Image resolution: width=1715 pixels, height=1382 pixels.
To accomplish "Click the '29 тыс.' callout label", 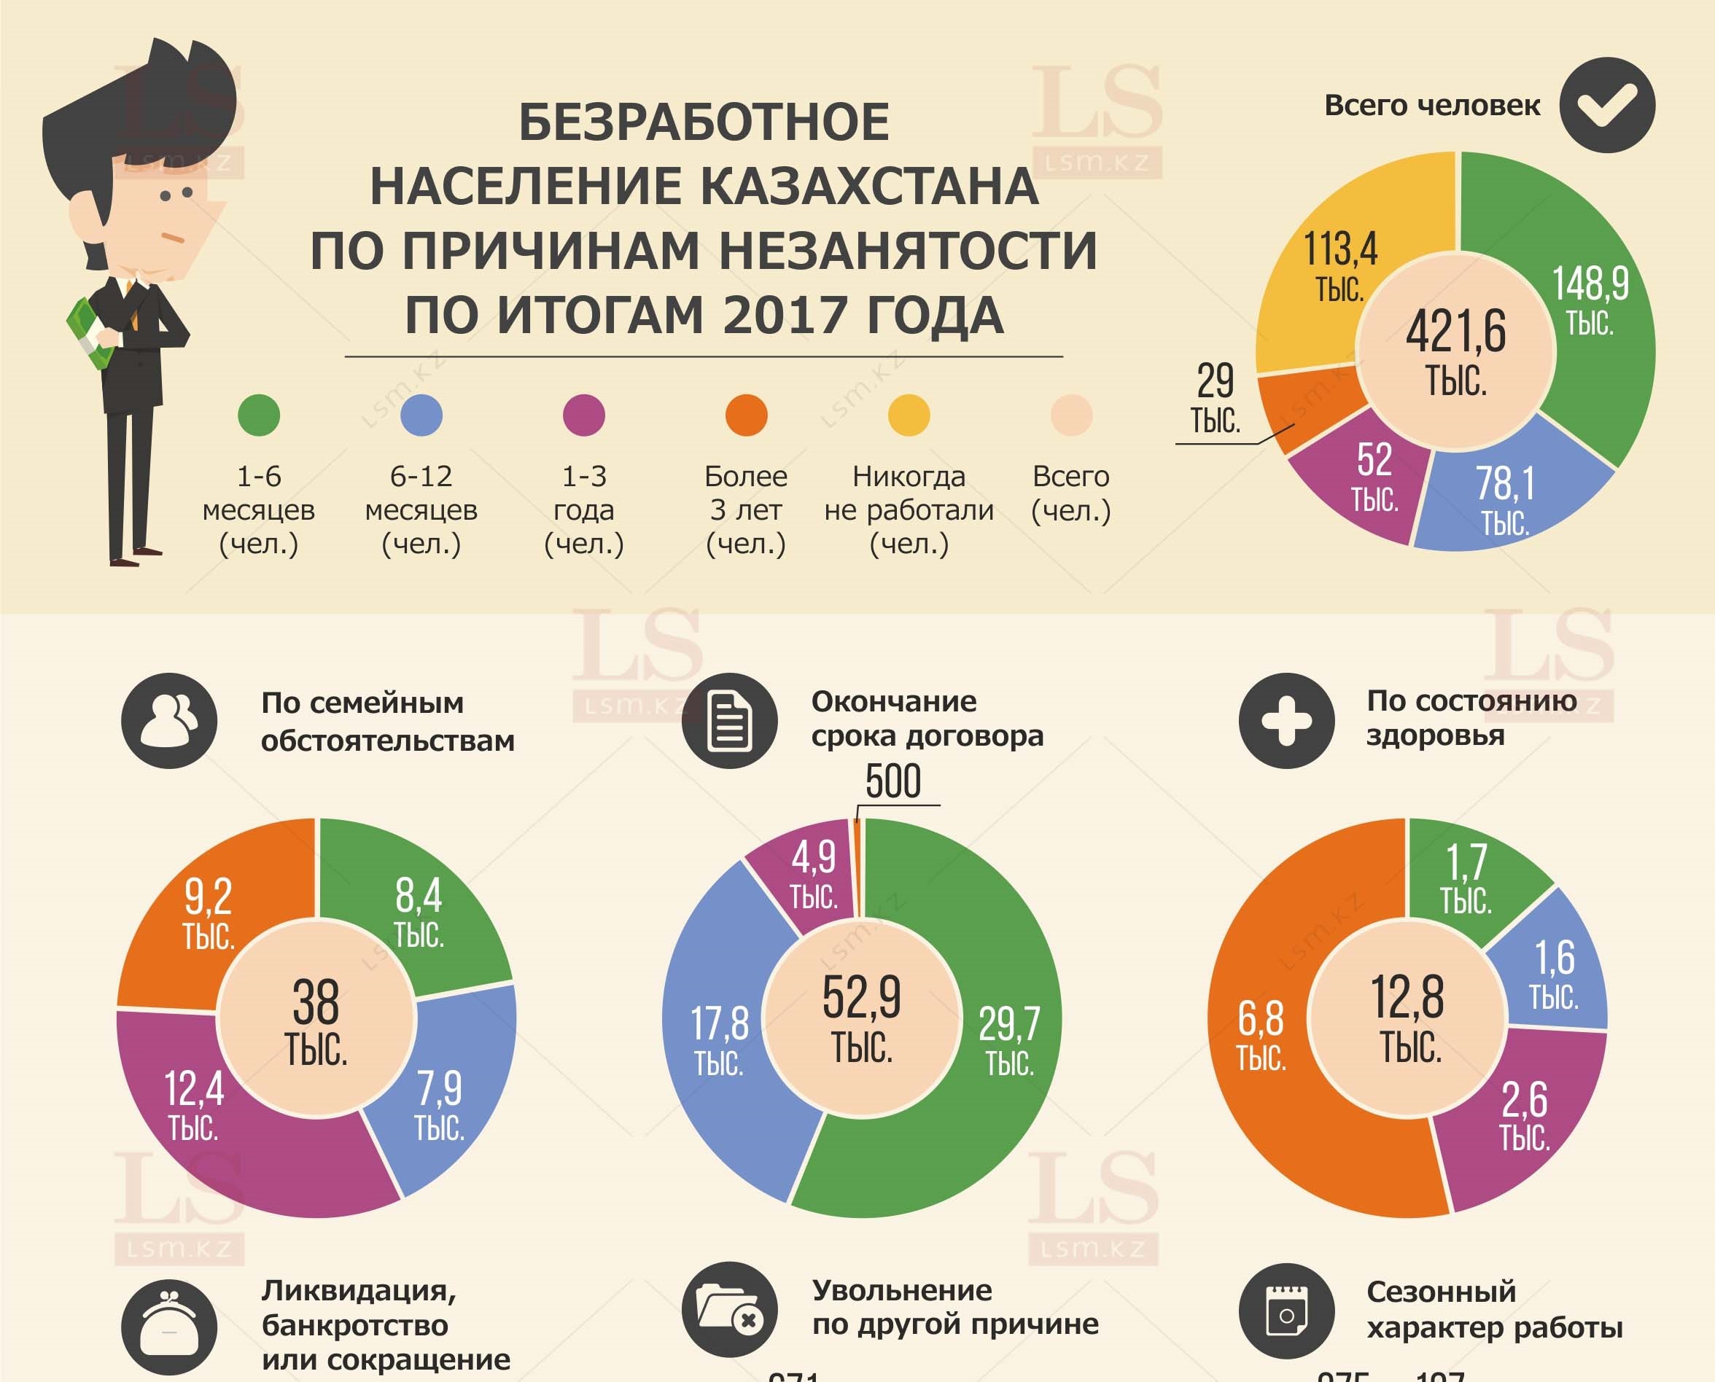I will point(1215,398).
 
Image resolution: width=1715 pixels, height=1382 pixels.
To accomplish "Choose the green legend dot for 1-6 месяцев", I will point(259,415).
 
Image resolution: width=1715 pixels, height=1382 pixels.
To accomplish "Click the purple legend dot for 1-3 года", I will point(583,415).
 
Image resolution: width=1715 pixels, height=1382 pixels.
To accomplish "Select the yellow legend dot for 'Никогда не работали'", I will point(909,415).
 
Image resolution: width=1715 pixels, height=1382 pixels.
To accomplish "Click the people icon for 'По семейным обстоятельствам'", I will point(168,720).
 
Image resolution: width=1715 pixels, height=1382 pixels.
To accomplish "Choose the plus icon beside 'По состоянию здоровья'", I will point(1286,720).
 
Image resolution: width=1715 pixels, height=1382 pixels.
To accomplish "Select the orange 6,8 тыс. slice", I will point(1261,1035).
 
